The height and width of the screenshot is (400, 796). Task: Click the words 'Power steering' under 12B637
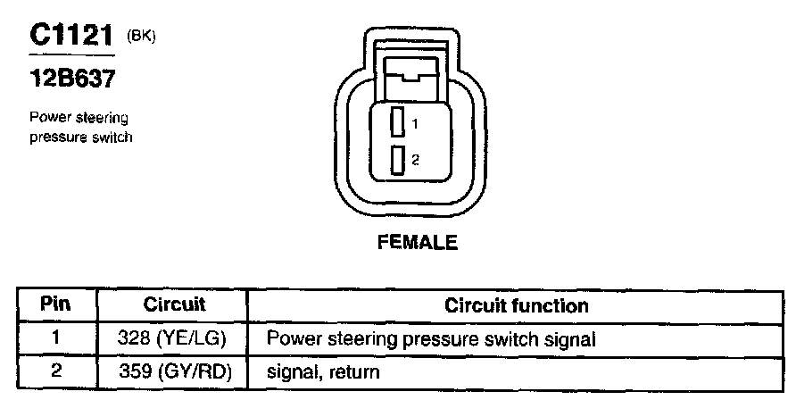tap(79, 118)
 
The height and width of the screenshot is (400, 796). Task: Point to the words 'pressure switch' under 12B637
tap(81, 137)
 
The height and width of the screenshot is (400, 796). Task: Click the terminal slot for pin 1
tap(399, 121)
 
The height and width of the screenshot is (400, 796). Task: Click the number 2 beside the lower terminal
tap(415, 160)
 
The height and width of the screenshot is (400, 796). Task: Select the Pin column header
tap(55, 304)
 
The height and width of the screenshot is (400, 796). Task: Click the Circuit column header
tap(174, 304)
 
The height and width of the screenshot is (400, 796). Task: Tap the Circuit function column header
tap(516, 304)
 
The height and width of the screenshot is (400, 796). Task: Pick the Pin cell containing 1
tap(55, 339)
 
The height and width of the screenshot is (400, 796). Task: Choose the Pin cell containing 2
tap(55, 371)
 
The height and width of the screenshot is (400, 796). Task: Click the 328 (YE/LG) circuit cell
tap(174, 339)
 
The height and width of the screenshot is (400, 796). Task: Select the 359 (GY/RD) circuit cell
tap(174, 371)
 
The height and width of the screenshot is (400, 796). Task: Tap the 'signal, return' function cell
tap(319, 371)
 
